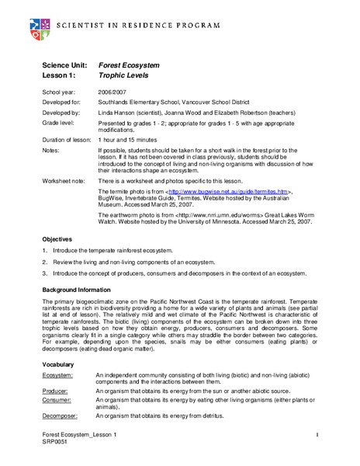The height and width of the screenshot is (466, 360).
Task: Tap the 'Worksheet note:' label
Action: click(x=64, y=179)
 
